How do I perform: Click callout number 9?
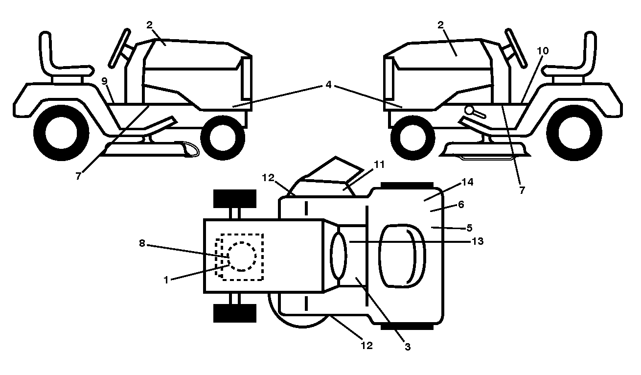(x=104, y=81)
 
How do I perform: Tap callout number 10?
(x=543, y=51)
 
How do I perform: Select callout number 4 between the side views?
(x=328, y=85)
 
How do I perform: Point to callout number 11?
(x=379, y=164)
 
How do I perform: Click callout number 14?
(x=468, y=182)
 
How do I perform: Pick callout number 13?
(x=477, y=241)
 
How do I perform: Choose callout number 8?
(x=142, y=243)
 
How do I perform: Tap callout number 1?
(x=166, y=280)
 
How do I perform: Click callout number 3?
(x=408, y=347)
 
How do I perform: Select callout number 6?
(x=461, y=204)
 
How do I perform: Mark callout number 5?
(x=469, y=228)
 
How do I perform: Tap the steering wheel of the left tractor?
(x=119, y=48)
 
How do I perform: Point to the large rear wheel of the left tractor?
(x=61, y=133)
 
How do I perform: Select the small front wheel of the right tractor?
(x=412, y=138)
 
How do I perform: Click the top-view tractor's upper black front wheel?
(x=235, y=199)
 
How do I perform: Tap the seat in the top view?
(x=402, y=256)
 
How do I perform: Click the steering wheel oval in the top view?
(x=339, y=256)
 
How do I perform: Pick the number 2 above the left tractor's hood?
(x=149, y=25)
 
